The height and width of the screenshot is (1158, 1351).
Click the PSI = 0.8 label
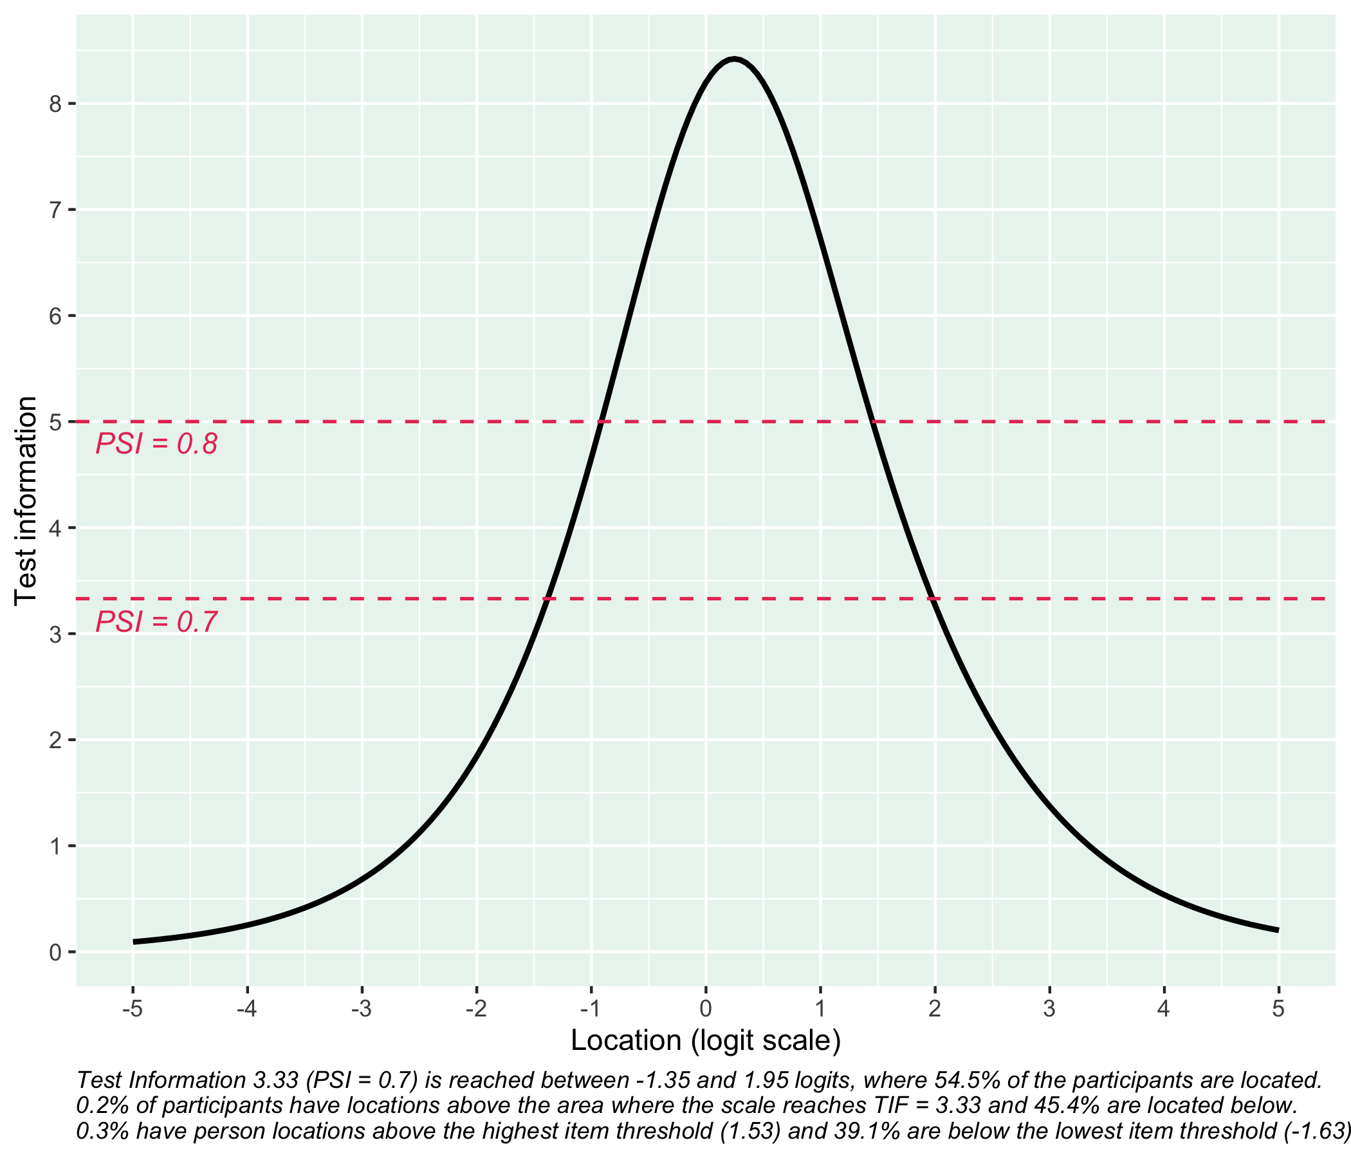tap(156, 445)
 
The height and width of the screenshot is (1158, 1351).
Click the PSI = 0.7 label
tap(156, 622)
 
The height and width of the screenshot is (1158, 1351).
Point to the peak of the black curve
tap(734, 59)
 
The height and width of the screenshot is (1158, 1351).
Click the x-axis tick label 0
tap(706, 1009)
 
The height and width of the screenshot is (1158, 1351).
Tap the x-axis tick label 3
tap(1049, 1009)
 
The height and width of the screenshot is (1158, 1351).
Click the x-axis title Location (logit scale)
tap(706, 1041)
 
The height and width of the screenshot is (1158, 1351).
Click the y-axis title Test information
tap(26, 501)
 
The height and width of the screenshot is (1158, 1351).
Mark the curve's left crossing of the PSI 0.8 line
tap(602, 422)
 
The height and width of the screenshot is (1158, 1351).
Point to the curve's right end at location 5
tap(1278, 930)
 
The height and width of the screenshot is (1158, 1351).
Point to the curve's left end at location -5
tap(134, 942)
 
